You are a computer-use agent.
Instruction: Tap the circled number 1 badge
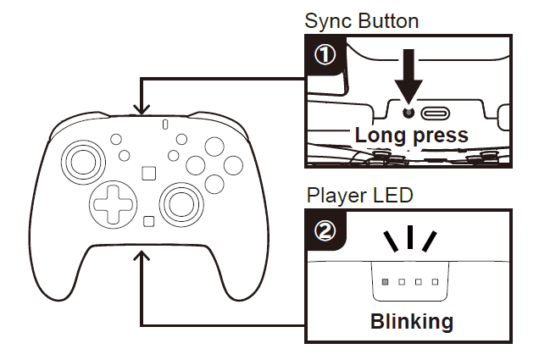[x=325, y=55]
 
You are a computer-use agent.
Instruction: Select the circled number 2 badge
[x=325, y=230]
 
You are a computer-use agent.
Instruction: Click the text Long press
[x=411, y=135]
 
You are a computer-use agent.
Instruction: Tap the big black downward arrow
[x=408, y=80]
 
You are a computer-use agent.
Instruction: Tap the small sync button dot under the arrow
[x=408, y=112]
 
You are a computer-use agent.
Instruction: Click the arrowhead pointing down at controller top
[x=142, y=109]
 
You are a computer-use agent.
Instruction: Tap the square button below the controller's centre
[x=148, y=222]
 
